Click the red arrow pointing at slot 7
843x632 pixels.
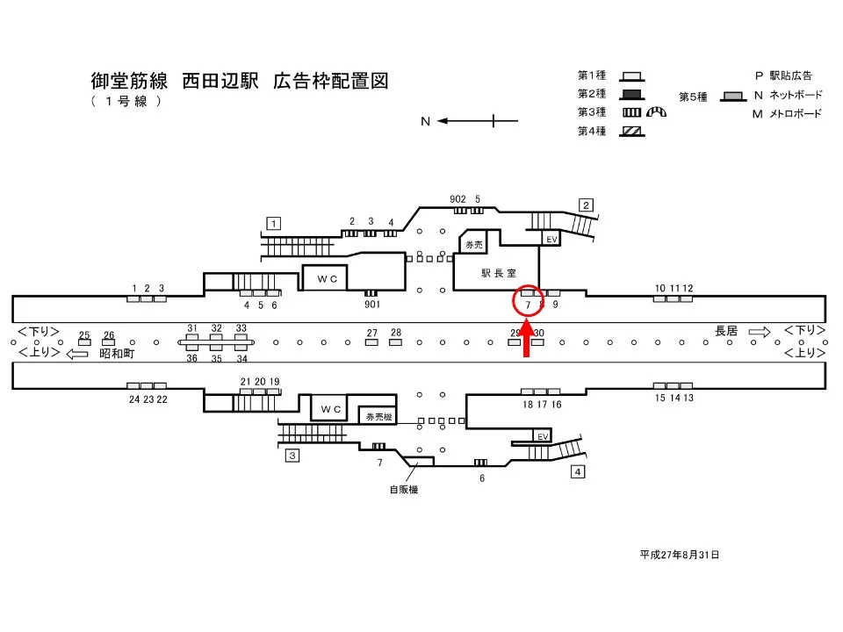[x=527, y=341]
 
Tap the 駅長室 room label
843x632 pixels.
[x=496, y=273]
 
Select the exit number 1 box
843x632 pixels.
[x=275, y=223]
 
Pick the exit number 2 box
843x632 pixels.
[x=586, y=205]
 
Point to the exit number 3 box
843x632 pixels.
[x=292, y=455]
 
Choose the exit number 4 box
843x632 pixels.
[x=578, y=472]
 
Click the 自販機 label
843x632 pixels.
[x=404, y=490]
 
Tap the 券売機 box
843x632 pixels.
[x=378, y=416]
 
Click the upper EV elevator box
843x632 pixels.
[x=552, y=239]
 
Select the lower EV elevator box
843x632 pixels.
[x=543, y=436]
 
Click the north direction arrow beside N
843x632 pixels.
[x=465, y=121]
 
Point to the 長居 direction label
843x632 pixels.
[x=726, y=331]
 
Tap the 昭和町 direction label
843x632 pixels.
[x=117, y=353]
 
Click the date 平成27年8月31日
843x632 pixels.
[x=680, y=555]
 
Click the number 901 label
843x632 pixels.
[x=371, y=305]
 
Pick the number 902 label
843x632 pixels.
[x=458, y=199]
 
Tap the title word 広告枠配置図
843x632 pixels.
[x=330, y=82]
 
